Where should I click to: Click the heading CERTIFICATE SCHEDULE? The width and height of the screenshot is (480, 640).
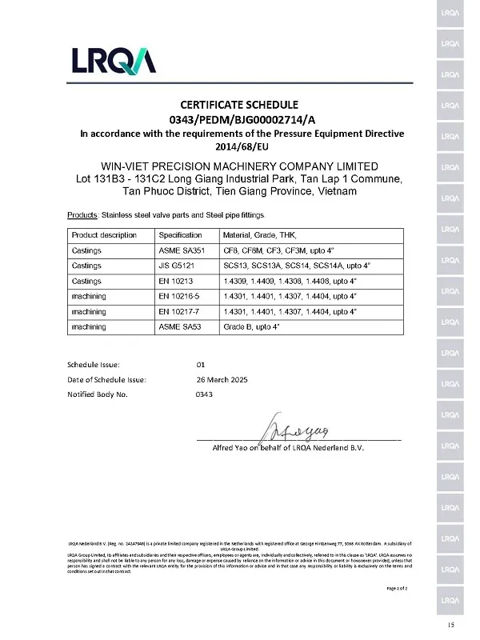click(x=239, y=105)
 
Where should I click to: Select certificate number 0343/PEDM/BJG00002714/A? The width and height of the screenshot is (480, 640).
click(x=239, y=119)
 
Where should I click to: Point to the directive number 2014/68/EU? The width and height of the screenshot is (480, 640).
click(x=239, y=147)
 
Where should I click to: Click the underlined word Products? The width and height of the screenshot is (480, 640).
click(x=80, y=216)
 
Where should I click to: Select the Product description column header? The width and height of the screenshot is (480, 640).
click(x=104, y=235)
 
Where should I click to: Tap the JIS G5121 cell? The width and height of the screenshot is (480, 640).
click(x=179, y=265)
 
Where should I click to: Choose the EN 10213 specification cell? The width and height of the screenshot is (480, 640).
click(x=177, y=281)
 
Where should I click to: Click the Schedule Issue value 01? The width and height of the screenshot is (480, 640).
click(x=201, y=364)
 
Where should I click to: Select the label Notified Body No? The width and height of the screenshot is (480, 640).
click(x=97, y=394)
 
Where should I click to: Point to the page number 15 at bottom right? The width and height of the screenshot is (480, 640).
click(x=452, y=624)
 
